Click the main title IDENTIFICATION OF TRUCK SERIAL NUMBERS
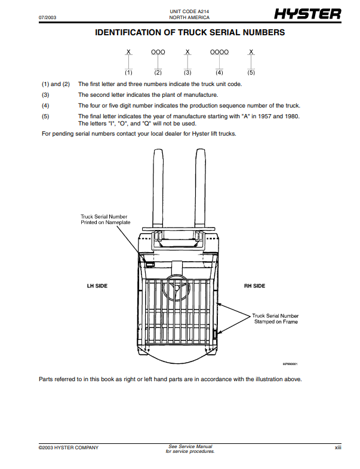click(x=189, y=32)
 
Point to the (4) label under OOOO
click(x=219, y=72)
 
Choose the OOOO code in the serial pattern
click(x=219, y=53)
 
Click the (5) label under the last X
click(x=251, y=72)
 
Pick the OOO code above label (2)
click(x=158, y=53)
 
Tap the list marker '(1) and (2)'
click(x=56, y=84)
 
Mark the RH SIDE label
click(x=254, y=286)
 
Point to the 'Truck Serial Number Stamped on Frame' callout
click(x=275, y=318)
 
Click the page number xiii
click(x=337, y=447)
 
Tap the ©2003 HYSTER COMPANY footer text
click(x=69, y=447)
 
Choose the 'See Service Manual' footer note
click(x=190, y=446)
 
